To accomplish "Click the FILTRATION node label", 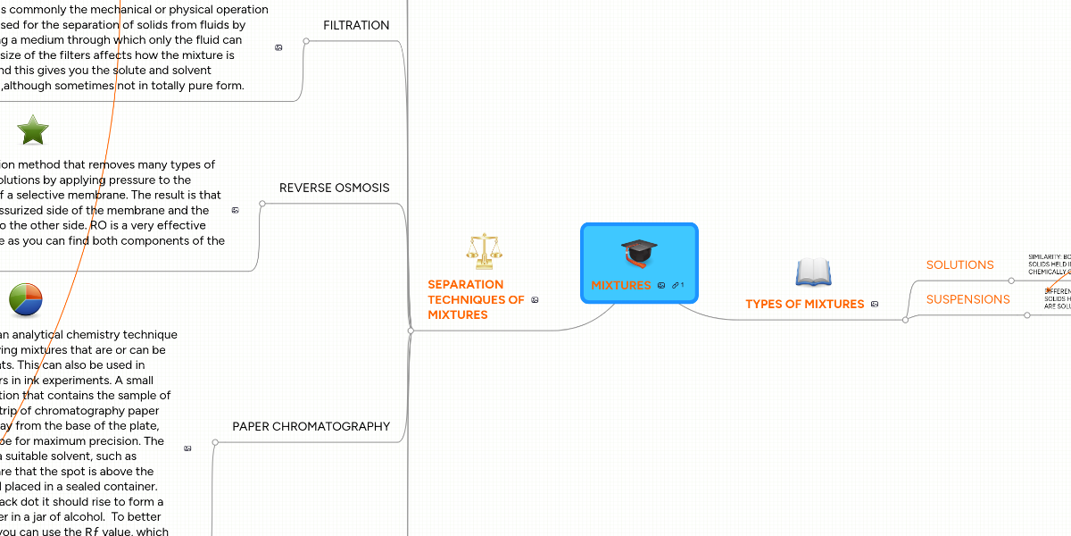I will click(356, 25).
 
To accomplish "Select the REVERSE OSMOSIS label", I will click(334, 188).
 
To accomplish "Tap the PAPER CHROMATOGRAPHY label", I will click(311, 426).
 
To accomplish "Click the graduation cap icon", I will click(639, 252).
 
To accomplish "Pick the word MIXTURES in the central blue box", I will click(621, 285).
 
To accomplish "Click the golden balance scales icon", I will click(485, 251).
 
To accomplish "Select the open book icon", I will click(813, 272).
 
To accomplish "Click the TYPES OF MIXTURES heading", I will click(804, 304).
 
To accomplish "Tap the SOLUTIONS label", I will click(959, 264).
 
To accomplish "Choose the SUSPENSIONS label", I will click(967, 299).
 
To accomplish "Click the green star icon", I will click(33, 130).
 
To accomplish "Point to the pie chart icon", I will click(26, 300).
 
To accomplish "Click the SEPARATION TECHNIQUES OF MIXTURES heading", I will click(476, 299).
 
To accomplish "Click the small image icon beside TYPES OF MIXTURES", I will click(875, 305).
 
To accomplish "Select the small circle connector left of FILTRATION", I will click(305, 41).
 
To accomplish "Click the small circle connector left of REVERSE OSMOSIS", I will click(262, 204).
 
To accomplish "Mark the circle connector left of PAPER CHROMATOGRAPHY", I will click(215, 442).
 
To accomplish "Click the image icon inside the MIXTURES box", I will click(661, 286).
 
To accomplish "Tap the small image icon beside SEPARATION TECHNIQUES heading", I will click(535, 300).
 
